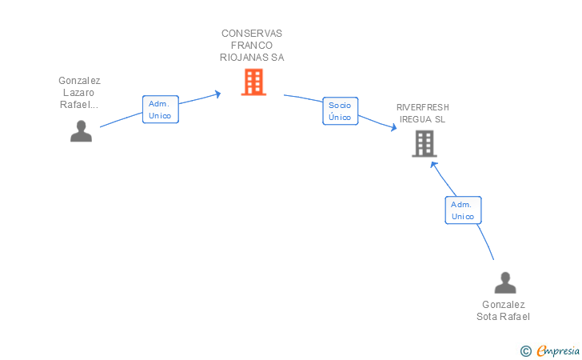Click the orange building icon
click(254, 82)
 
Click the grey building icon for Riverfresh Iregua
click(425, 144)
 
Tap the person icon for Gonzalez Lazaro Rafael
click(81, 130)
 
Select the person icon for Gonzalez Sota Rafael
click(505, 282)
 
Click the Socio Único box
click(341, 111)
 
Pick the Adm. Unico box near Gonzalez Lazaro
click(161, 110)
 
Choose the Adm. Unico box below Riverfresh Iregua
click(463, 210)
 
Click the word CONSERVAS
click(252, 34)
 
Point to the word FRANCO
click(252, 46)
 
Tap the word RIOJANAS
click(245, 58)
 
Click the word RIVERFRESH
click(423, 107)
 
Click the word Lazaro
click(78, 93)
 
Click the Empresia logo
click(558, 350)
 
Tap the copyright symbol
click(526, 351)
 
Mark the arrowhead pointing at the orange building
click(217, 94)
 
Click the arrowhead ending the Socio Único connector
click(393, 127)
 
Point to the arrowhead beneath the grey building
click(433, 166)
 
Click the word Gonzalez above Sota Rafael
click(504, 305)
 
